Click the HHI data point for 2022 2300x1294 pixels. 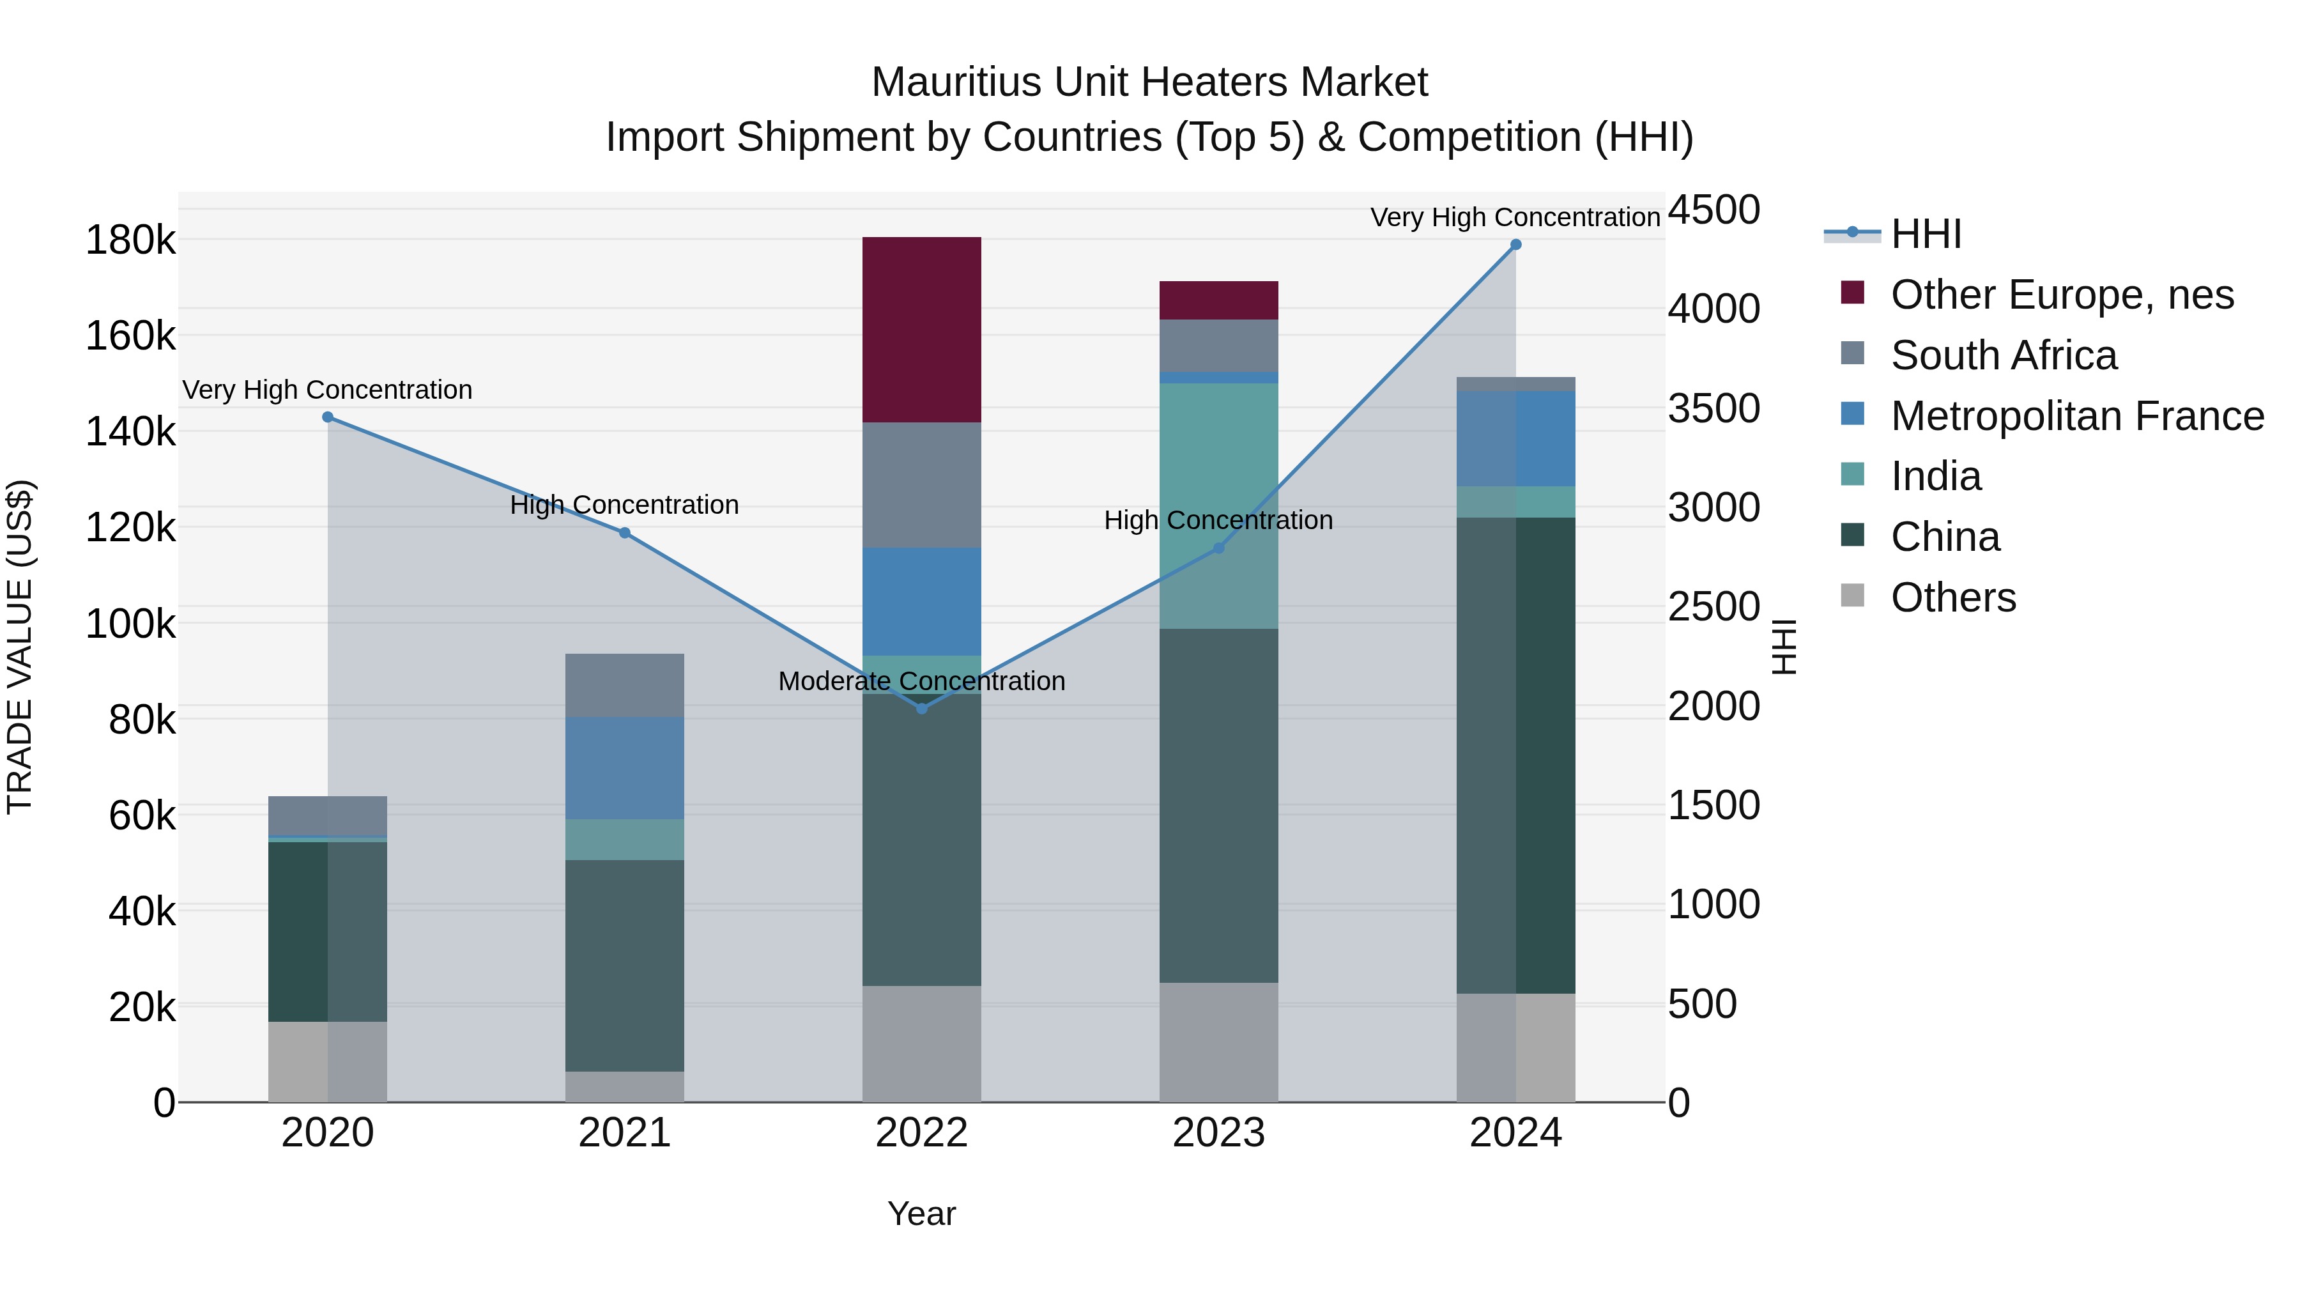921,708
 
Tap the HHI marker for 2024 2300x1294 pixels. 1515,245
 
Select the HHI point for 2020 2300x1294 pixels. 328,417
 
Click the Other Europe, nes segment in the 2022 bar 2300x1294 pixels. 921,330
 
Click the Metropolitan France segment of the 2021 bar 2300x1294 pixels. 624,768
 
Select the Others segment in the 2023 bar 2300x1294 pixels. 1219,1042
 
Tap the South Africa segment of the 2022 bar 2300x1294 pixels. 921,485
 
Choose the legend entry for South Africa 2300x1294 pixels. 2003,355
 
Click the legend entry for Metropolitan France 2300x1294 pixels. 2076,416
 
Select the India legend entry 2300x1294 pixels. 1935,476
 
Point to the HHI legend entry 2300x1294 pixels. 1925,234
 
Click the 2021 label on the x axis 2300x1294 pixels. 624,1133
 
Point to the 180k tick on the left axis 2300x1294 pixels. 130,240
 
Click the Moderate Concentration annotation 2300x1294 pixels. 921,681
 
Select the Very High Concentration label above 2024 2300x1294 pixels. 1515,217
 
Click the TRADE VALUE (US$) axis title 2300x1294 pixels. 20,647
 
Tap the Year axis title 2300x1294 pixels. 921,1213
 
